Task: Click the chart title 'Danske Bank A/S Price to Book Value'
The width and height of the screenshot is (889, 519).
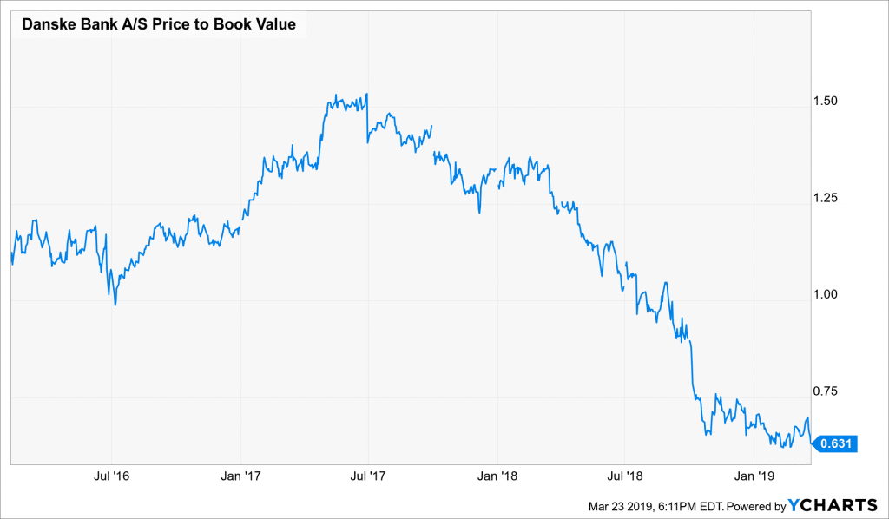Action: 158,24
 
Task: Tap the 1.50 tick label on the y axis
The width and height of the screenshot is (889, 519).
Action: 831,101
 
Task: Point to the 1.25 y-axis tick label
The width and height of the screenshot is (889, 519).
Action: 831,198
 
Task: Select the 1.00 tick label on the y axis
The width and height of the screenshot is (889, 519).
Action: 831,294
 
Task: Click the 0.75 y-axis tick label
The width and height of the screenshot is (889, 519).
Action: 831,391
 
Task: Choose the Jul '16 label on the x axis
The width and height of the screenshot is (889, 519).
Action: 112,476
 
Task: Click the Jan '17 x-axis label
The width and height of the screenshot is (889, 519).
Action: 241,476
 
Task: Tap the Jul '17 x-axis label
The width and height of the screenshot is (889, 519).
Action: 368,476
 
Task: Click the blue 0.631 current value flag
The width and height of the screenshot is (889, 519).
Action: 836,444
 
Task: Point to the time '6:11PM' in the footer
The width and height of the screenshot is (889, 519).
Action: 665,505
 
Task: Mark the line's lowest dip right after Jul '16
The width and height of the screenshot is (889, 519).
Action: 115,305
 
